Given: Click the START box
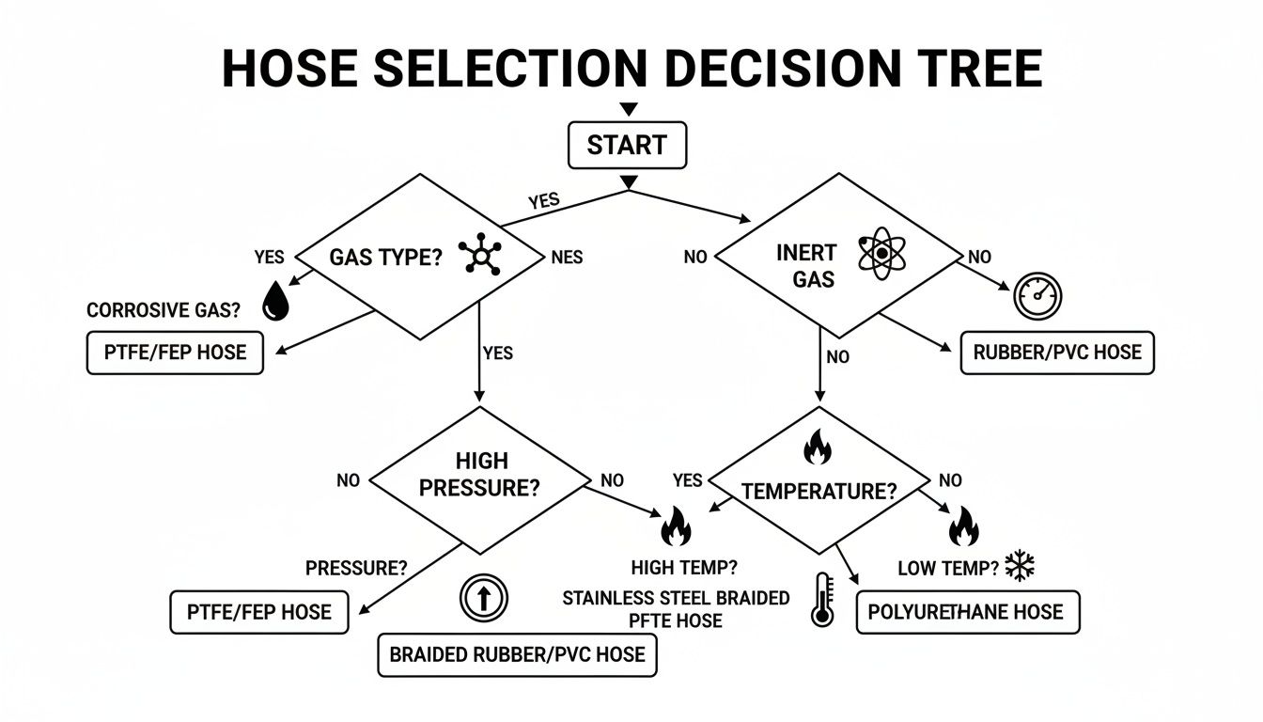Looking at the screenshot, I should click(x=627, y=146).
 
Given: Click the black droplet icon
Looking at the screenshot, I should click(x=275, y=303).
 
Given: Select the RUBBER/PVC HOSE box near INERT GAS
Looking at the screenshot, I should click(x=1057, y=353).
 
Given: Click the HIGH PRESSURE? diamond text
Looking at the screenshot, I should click(x=480, y=475).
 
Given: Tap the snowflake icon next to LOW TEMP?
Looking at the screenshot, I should click(x=1019, y=566).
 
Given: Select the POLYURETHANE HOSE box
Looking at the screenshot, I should click(x=968, y=612).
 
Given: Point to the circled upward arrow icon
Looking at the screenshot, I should click(x=483, y=598).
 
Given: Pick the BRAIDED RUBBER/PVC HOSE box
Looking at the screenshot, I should click(x=517, y=653).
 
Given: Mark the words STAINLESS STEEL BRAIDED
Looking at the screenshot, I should click(x=676, y=598).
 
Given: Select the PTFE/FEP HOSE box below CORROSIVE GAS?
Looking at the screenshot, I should click(x=175, y=353).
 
